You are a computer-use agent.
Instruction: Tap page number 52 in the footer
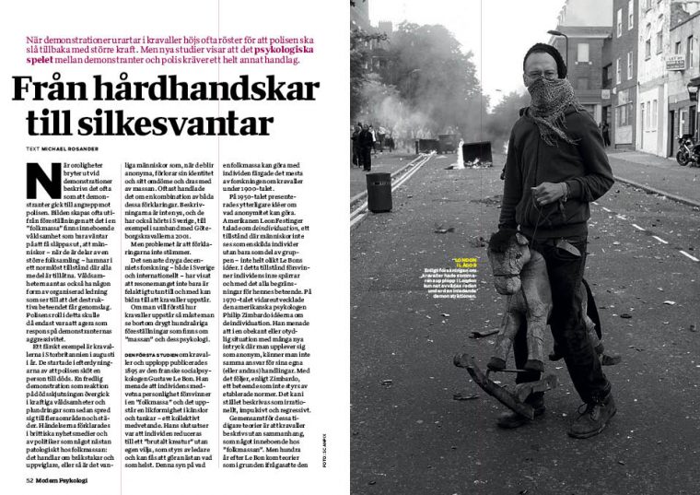click(29, 480)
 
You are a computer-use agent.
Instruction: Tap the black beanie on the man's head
click(544, 54)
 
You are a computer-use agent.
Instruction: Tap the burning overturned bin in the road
click(477, 150)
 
